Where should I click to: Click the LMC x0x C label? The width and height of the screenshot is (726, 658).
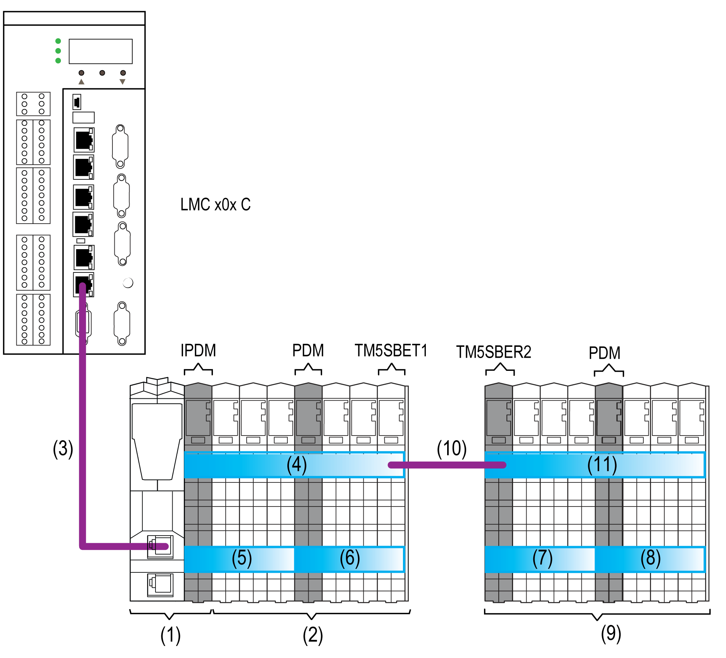click(x=215, y=205)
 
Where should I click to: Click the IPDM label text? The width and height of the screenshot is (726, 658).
click(x=198, y=350)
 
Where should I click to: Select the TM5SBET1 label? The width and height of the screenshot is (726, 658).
click(x=391, y=350)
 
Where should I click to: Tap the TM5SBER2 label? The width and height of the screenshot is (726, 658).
click(x=493, y=352)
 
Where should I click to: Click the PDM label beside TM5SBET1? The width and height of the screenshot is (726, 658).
click(x=308, y=350)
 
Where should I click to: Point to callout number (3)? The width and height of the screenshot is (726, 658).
click(x=63, y=449)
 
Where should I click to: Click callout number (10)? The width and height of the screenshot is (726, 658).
click(x=451, y=448)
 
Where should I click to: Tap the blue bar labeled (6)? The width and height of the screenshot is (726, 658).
click(x=349, y=558)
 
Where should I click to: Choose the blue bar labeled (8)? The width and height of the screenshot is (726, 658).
click(x=650, y=558)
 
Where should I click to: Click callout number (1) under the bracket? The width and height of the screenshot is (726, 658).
click(x=170, y=636)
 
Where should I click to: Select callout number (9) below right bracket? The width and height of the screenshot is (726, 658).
click(x=611, y=634)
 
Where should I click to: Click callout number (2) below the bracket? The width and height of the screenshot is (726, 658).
click(x=313, y=636)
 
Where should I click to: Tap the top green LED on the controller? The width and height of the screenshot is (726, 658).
click(x=58, y=41)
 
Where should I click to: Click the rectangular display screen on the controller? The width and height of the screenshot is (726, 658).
click(x=100, y=51)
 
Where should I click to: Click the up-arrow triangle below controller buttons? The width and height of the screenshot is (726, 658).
click(x=81, y=82)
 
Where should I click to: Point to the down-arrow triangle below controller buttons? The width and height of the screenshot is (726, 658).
click(x=123, y=82)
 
